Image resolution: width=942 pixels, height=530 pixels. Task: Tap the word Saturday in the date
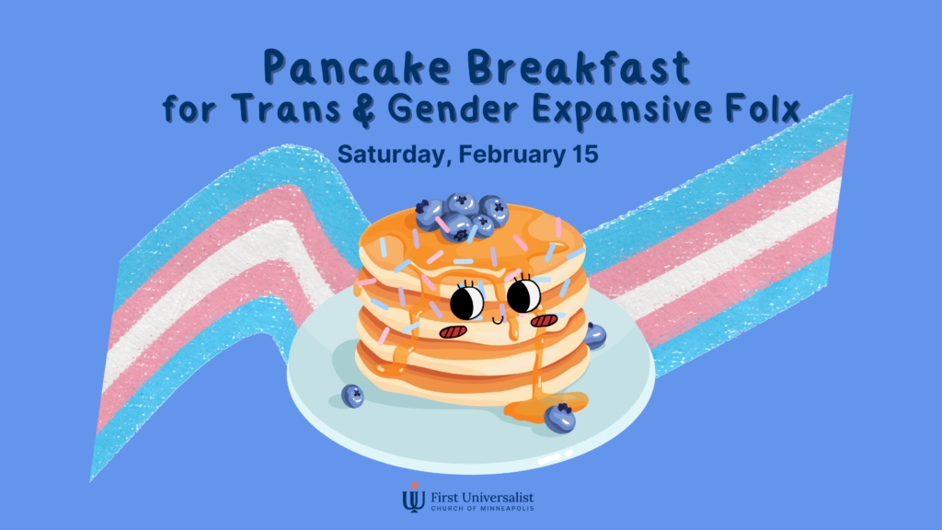pyautogui.click(x=386, y=155)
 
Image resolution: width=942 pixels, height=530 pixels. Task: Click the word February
pyautogui.click(x=505, y=155)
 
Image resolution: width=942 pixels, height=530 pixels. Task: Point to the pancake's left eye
pyautogui.click(x=467, y=301)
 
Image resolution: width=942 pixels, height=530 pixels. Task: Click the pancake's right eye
pyautogui.click(x=523, y=294)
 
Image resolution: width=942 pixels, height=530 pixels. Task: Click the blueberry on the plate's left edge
pyautogui.click(x=352, y=396)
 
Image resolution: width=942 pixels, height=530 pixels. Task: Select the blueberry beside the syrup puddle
pyautogui.click(x=561, y=418)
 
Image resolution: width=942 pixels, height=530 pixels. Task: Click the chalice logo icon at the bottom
pyautogui.click(x=411, y=498)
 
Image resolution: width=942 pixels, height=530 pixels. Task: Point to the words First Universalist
pyautogui.click(x=479, y=493)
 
